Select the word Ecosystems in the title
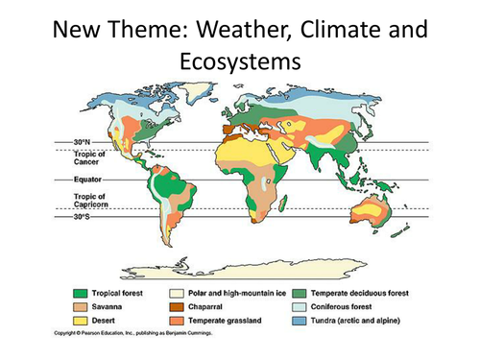click(239, 61)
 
